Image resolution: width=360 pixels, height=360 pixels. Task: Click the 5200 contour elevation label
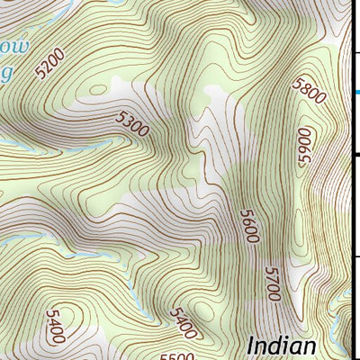52,64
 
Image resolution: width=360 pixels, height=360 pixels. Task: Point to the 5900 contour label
305,146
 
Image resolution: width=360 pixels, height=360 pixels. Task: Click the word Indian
282,346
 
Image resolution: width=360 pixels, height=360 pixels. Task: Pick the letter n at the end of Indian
310,347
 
